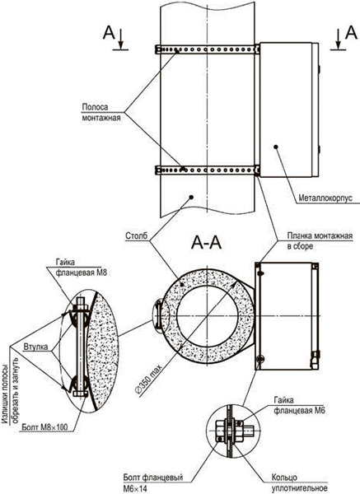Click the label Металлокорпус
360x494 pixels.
[325, 198]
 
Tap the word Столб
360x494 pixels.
[136, 235]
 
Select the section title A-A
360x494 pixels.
[206, 243]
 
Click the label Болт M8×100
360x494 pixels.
[44, 426]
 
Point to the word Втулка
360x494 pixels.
[35, 347]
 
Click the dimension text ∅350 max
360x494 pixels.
[148, 379]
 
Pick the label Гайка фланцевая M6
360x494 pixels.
[299, 405]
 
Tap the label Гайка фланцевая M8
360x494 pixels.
[82, 267]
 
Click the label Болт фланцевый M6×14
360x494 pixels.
[153, 482]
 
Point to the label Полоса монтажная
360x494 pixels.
[101, 112]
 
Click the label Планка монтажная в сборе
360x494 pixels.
[320, 240]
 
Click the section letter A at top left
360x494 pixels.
[109, 32]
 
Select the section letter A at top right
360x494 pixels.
[351, 32]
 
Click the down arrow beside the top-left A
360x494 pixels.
[121, 39]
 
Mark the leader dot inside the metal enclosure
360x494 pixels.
[276, 147]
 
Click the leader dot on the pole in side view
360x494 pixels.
[191, 198]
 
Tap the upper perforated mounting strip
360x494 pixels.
[207, 49]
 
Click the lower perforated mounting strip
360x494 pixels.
[207, 170]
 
